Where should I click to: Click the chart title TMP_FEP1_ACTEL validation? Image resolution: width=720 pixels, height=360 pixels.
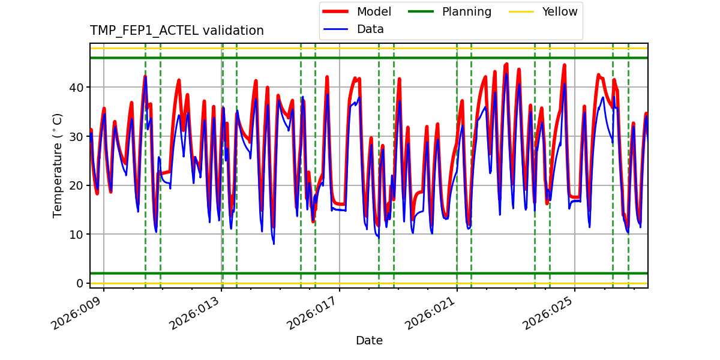point(176,31)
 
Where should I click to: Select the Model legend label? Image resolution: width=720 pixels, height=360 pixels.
point(374,12)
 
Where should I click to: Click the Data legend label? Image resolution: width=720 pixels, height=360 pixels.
point(370,29)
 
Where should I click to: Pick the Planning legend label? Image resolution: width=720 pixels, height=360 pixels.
point(466,12)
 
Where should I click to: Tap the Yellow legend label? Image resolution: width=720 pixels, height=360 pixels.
point(559,12)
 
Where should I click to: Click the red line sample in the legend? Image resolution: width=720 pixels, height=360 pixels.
point(337,12)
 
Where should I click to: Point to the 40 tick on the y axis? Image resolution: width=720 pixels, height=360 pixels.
point(77,88)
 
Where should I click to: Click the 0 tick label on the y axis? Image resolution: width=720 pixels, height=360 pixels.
point(80,283)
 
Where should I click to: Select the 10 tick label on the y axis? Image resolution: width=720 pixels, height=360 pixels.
point(77,235)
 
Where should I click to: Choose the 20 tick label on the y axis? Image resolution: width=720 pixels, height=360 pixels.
point(77,185)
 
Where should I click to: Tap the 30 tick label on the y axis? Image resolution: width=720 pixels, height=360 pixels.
point(77,137)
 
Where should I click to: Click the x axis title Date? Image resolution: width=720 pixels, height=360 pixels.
point(369,341)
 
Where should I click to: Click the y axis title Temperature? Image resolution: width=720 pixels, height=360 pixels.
point(58,165)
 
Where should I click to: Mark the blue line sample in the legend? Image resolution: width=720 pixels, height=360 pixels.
point(337,29)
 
